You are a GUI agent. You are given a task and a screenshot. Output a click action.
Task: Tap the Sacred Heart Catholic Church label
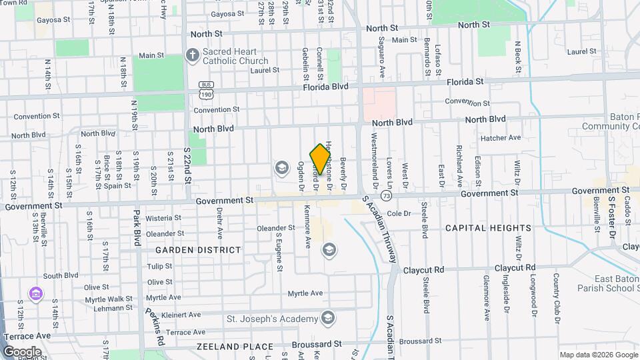click(x=236, y=57)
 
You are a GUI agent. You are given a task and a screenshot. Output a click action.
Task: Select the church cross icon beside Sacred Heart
click(x=192, y=55)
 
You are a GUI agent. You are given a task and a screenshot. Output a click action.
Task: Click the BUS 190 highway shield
click(x=205, y=87)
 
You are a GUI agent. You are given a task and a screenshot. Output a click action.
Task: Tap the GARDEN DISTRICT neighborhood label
click(x=198, y=250)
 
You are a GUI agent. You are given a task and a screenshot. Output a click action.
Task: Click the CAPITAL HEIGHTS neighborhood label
click(x=489, y=228)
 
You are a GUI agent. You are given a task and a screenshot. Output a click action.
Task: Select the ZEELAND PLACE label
click(x=235, y=347)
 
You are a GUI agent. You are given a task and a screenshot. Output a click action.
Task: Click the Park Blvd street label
click(x=136, y=226)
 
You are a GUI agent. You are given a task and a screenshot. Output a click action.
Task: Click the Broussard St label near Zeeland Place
click(x=317, y=344)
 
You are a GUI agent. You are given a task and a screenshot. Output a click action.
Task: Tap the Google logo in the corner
click(x=22, y=351)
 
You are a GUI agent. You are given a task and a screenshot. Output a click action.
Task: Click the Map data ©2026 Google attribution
click(x=598, y=355)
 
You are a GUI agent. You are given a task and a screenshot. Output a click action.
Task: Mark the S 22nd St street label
click(x=188, y=166)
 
